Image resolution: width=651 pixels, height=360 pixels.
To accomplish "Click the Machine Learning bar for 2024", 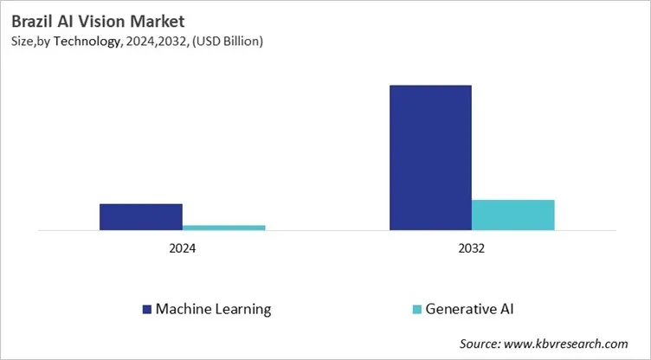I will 140,216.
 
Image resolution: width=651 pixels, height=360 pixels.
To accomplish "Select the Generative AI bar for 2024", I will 223,228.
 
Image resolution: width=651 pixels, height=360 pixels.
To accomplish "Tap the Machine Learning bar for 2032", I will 430,157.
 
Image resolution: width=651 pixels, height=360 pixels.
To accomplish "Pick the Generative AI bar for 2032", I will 512,215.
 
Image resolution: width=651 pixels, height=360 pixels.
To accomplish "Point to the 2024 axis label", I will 182,248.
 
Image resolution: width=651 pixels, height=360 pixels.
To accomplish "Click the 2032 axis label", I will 472,248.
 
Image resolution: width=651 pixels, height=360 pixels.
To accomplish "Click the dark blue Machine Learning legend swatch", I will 146,309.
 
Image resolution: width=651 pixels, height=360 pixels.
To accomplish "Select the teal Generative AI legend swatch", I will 416,309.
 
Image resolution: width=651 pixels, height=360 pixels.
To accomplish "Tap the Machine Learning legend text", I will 213,309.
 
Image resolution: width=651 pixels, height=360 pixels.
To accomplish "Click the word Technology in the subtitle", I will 88,41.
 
